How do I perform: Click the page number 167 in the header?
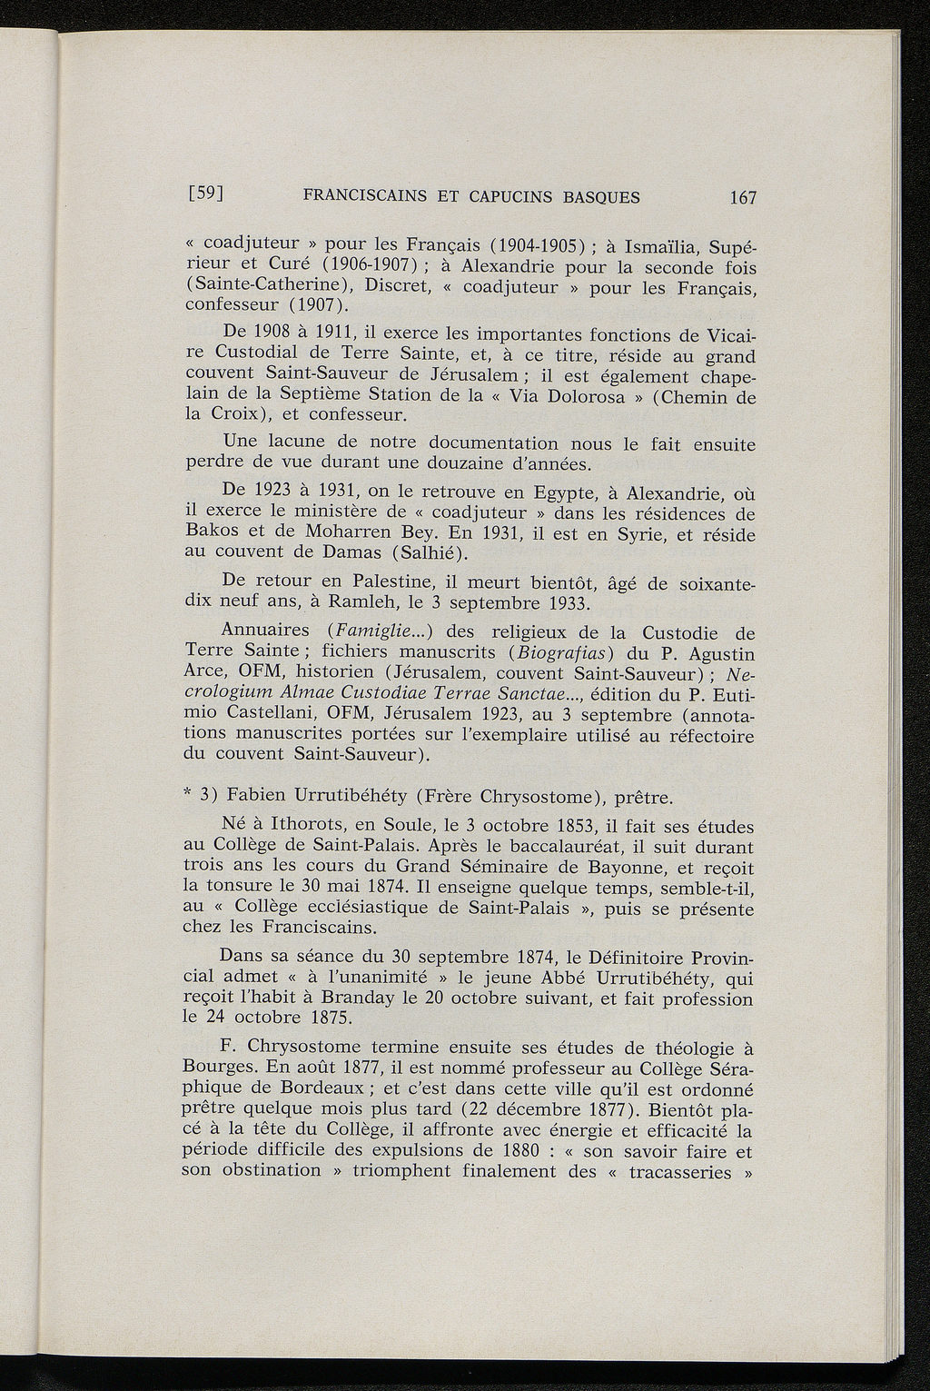pos(741,197)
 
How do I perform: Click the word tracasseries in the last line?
pos(693,1171)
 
